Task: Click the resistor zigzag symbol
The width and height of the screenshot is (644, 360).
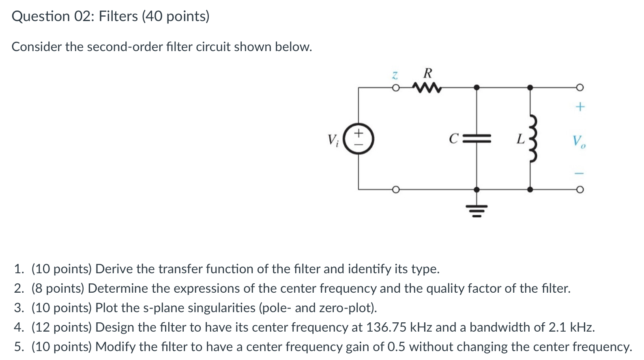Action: click(x=426, y=87)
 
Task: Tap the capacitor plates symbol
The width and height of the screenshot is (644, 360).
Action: click(x=477, y=139)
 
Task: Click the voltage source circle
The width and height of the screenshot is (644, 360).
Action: click(x=358, y=139)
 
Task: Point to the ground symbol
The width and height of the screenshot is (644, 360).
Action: click(x=477, y=211)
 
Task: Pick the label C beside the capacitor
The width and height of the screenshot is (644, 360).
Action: click(x=453, y=139)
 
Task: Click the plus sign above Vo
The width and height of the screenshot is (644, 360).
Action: click(x=580, y=107)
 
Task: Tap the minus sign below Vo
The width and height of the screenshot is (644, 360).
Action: click(x=580, y=173)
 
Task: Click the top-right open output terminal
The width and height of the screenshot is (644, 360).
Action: click(x=580, y=87)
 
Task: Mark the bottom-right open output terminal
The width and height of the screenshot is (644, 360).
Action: click(x=580, y=189)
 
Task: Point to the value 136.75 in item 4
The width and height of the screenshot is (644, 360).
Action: click(x=386, y=327)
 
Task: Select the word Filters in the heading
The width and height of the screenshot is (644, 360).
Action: click(x=118, y=16)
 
